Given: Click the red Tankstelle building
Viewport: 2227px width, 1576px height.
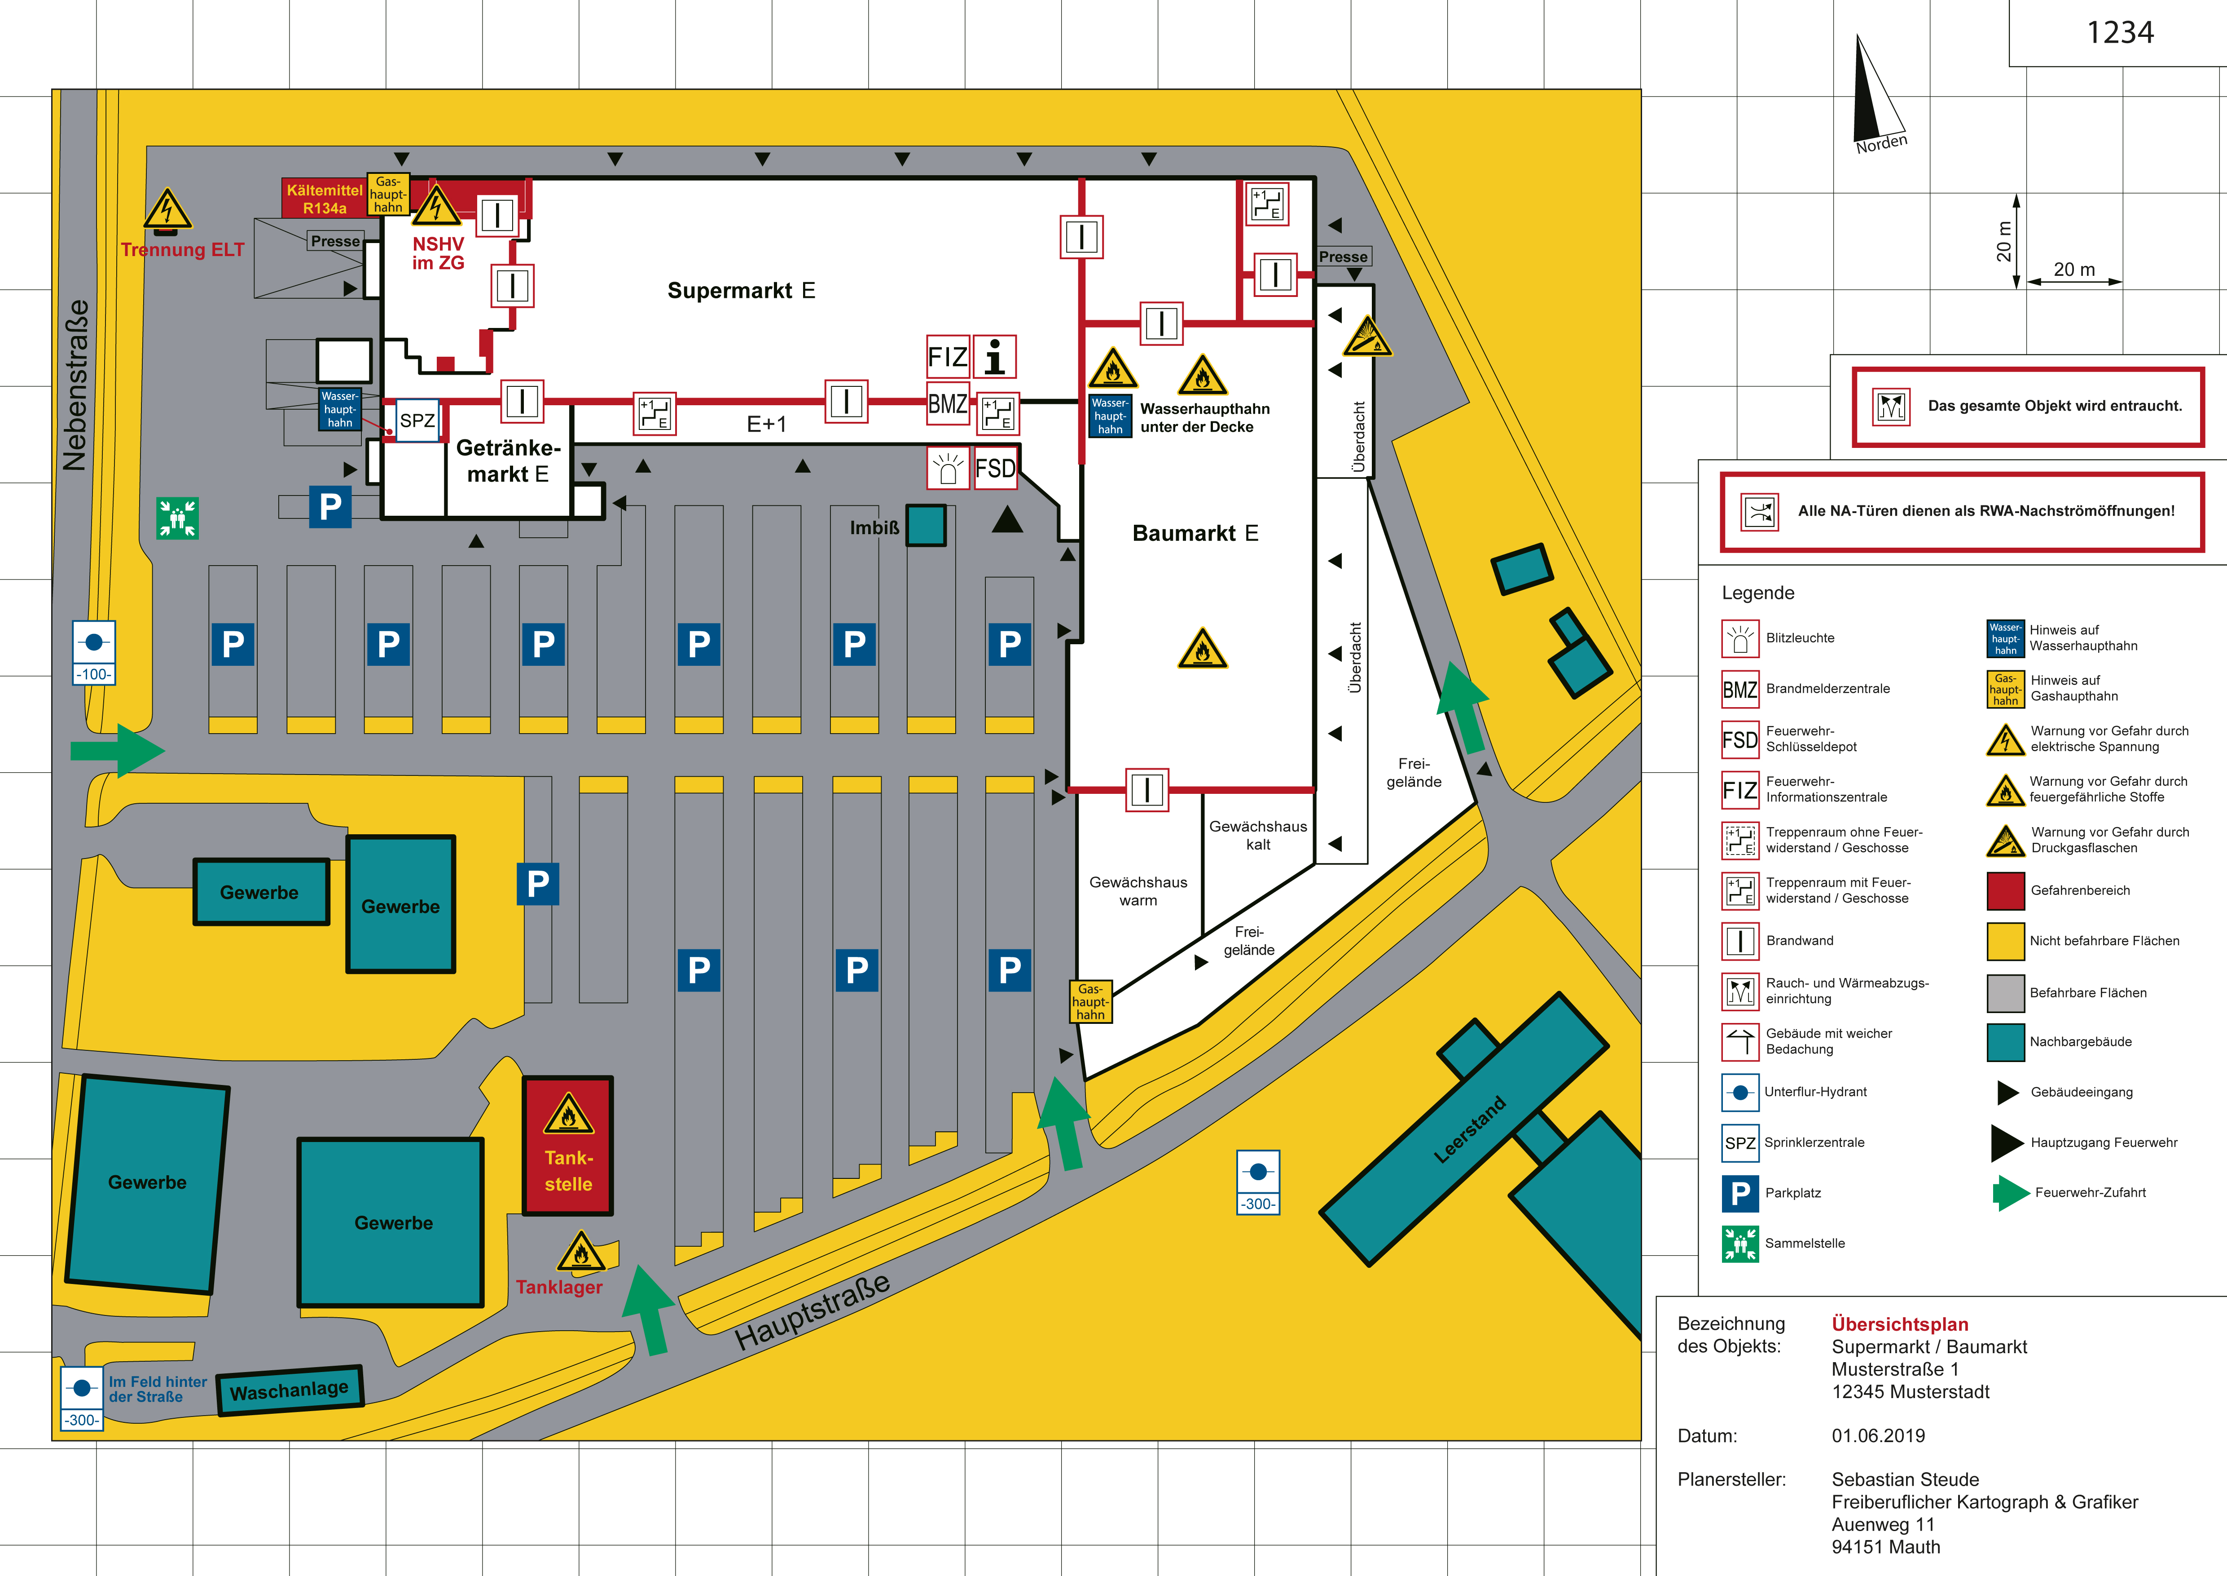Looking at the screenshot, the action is tap(568, 1145).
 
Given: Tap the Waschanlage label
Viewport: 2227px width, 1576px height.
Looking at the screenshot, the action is tap(289, 1390).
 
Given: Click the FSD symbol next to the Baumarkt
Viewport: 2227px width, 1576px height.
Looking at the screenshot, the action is tap(995, 469).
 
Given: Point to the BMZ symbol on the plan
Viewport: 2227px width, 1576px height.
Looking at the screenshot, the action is tap(948, 404).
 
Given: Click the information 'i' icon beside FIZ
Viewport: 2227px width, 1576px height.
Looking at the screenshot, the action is tap(995, 356).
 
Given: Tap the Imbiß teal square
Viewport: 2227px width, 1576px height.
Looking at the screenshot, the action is tap(926, 525).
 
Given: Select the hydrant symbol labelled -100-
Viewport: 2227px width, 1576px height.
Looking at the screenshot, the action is tap(94, 653).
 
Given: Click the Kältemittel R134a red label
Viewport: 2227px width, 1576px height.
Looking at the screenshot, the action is tap(324, 199).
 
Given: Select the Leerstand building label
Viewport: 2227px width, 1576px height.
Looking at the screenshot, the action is tap(1469, 1129).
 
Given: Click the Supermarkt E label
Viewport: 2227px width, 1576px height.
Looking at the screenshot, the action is tap(741, 290).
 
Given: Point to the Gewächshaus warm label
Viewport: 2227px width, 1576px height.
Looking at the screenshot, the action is tap(1138, 891).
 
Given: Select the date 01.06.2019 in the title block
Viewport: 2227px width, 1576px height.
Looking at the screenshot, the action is tap(1878, 1435).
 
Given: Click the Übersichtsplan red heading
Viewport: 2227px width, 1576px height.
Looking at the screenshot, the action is tap(1899, 1324).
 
